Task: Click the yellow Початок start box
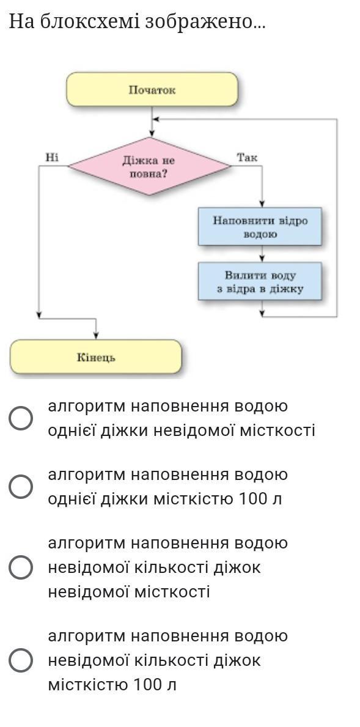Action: pyautogui.click(x=152, y=89)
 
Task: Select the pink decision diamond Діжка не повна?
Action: pyautogui.click(x=149, y=166)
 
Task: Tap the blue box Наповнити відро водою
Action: pyautogui.click(x=260, y=226)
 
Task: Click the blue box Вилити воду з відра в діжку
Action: pyautogui.click(x=260, y=281)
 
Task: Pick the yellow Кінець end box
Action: pyautogui.click(x=96, y=356)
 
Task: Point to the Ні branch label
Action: pyautogui.click(x=52, y=157)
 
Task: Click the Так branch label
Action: pyautogui.click(x=247, y=157)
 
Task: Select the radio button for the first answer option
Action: pyautogui.click(x=21, y=419)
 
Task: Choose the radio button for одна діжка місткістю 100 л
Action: pyautogui.click(x=21, y=487)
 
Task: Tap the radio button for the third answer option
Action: pyautogui.click(x=21, y=567)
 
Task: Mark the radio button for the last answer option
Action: pyautogui.click(x=21, y=660)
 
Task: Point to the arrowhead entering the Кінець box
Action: pyautogui.click(x=96, y=336)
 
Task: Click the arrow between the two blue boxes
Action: pyautogui.click(x=262, y=254)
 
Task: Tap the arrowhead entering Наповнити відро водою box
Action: pyautogui.click(x=262, y=204)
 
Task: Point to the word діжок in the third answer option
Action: pyautogui.click(x=237, y=567)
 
